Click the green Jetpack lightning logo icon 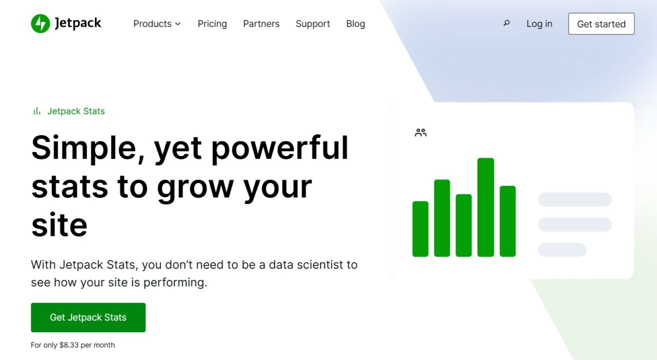tap(40, 23)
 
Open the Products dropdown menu tap(157, 24)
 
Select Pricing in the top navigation tap(212, 24)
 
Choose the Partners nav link tap(261, 24)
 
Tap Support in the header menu tap(312, 24)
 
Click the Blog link tap(355, 24)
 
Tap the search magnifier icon tap(506, 23)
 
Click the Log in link tap(539, 24)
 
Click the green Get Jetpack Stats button tap(88, 317)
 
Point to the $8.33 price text tap(69, 345)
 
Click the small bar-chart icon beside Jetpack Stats tap(36, 111)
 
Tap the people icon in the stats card tap(420, 132)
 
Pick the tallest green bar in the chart tap(485, 207)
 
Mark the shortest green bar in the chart tap(420, 228)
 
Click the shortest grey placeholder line tap(561, 249)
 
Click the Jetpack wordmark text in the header tap(78, 23)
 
